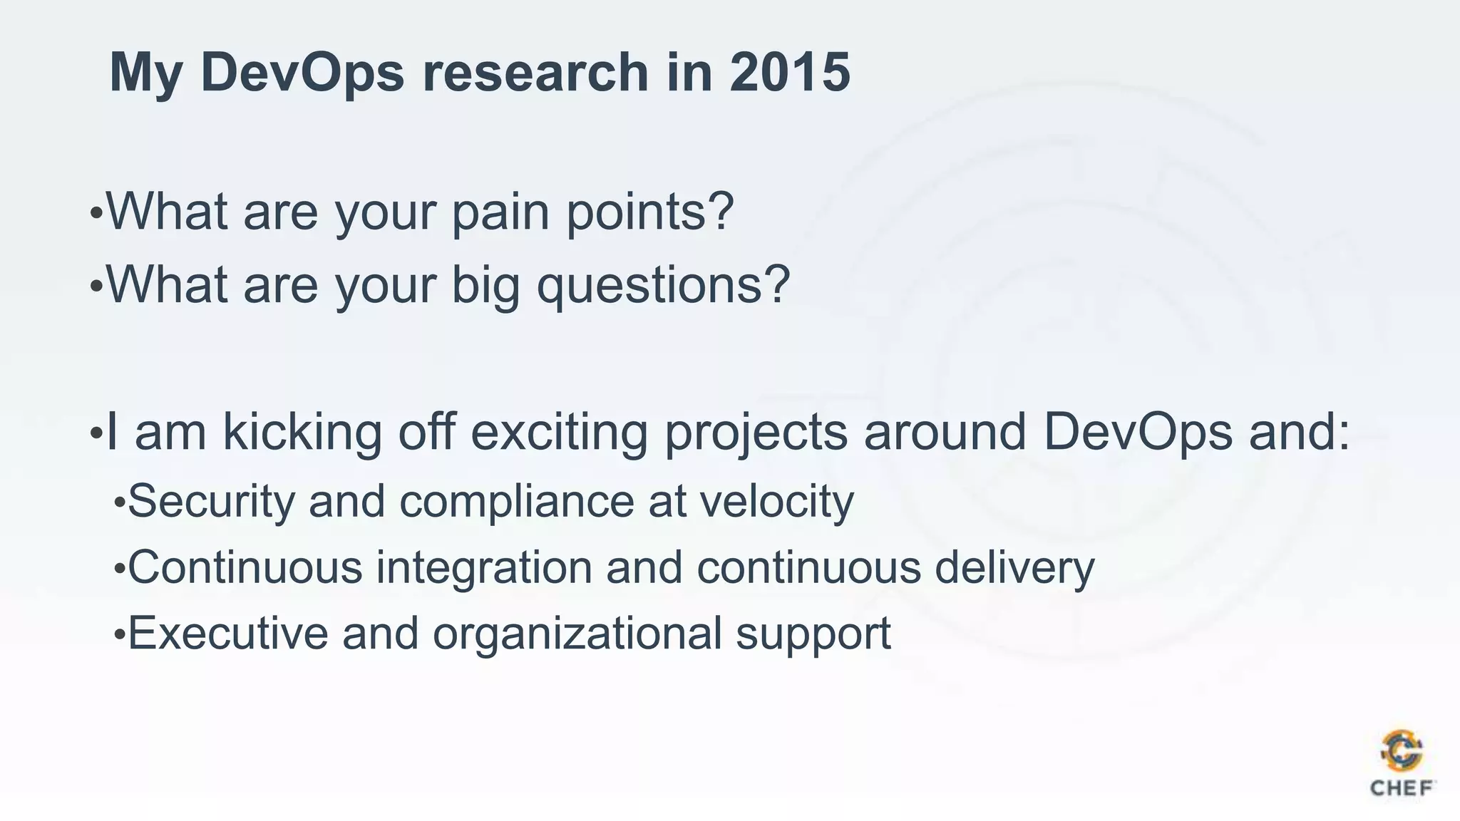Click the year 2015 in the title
[789, 72]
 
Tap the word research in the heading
[535, 72]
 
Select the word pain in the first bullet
[500, 212]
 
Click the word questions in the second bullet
[663, 284]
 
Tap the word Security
[211, 500]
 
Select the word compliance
[516, 500]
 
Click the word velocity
[776, 500]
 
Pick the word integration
[484, 567]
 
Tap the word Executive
[227, 633]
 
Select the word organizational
[577, 633]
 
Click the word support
[813, 633]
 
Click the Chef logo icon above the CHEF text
[1402, 750]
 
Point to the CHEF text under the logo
[1402, 788]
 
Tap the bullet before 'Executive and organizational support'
[119, 634]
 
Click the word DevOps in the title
[302, 72]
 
